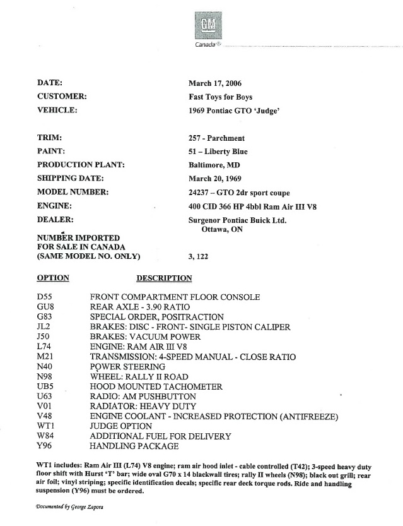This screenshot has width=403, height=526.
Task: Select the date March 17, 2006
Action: point(214,83)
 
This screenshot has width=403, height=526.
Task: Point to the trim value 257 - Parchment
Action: point(216,138)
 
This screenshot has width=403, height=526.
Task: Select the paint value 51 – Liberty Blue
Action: point(218,152)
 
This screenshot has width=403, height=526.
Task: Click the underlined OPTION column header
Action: point(53,278)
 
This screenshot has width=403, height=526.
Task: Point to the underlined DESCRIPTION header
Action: point(164,278)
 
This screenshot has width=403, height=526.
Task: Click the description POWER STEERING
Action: point(127,367)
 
